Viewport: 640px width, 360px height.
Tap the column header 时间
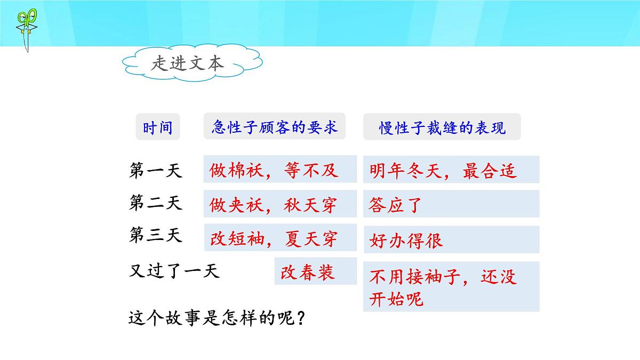coord(157,127)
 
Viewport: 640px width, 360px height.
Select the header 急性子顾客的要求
coord(274,126)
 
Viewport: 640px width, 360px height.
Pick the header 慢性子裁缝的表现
coord(442,128)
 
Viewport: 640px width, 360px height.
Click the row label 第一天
coord(156,170)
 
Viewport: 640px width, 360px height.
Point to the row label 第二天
coord(156,203)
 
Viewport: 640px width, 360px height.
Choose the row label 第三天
coord(156,235)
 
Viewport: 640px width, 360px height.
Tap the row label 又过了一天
coord(174,271)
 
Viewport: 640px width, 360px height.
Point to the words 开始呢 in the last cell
coord(396,299)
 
